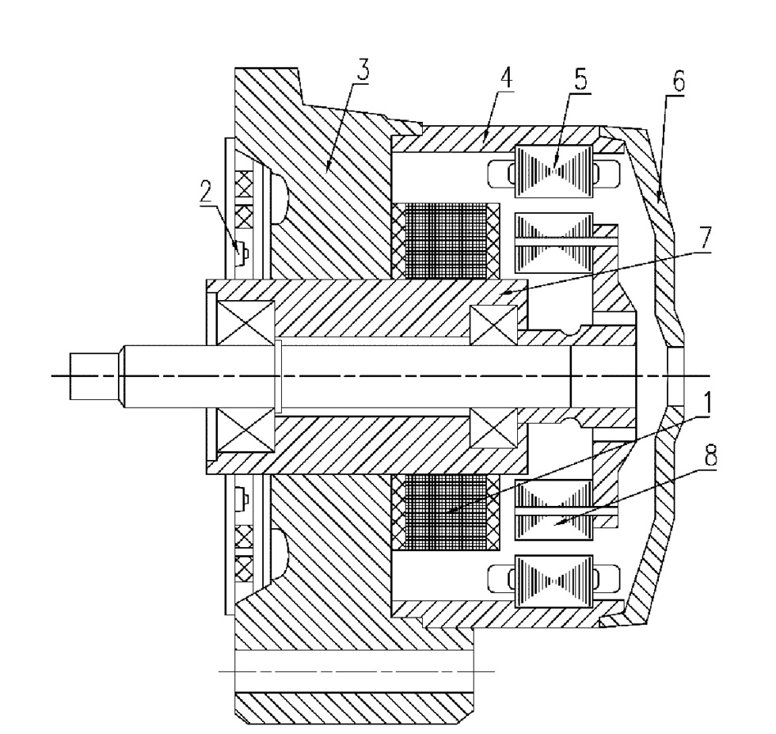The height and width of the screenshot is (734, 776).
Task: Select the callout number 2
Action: pyautogui.click(x=205, y=191)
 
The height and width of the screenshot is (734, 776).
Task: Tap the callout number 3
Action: pyautogui.click(x=363, y=70)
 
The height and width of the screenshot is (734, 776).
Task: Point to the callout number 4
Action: pyautogui.click(x=506, y=78)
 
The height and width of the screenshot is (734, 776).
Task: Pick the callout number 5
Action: pyautogui.click(x=580, y=78)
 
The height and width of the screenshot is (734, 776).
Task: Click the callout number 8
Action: pyautogui.click(x=710, y=455)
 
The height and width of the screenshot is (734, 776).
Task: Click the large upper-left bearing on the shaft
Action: pyautogui.click(x=246, y=322)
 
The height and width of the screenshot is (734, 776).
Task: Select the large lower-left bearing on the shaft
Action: pyautogui.click(x=246, y=431)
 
